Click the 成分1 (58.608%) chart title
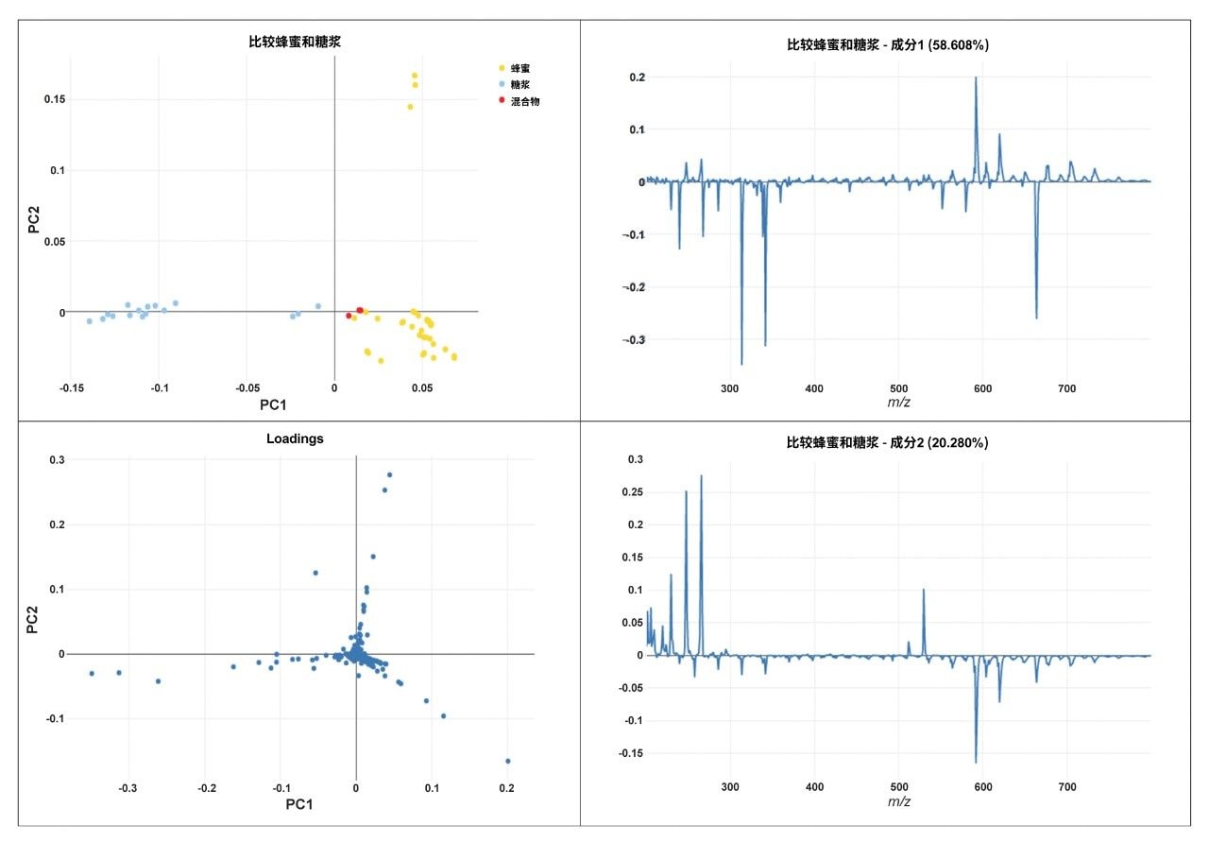coord(887,44)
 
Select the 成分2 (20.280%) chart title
coord(887,442)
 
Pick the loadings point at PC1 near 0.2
coord(507,761)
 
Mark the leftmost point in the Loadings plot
coord(92,674)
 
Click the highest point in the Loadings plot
coord(389,474)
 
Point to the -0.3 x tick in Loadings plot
coord(128,786)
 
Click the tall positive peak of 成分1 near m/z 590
coord(976,78)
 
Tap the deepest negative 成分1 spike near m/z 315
coord(741,364)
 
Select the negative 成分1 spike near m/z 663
coord(1036,318)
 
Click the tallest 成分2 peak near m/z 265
coord(701,476)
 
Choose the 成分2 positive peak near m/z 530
coord(924,590)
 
